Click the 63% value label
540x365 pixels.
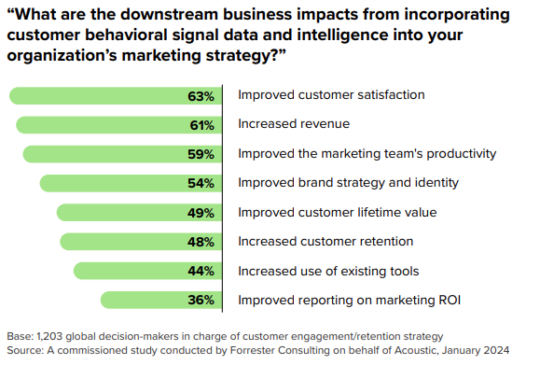[x=201, y=95]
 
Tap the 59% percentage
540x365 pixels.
[x=201, y=154]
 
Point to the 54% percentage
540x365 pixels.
[x=201, y=183]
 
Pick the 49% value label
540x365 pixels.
[x=201, y=213]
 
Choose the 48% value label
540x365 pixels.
[x=201, y=242]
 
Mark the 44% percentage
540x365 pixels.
[x=201, y=271]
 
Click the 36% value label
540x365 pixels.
[x=201, y=300]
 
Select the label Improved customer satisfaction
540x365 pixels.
[x=332, y=95]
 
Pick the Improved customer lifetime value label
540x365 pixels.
[x=337, y=213]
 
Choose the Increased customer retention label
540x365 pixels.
[x=325, y=242]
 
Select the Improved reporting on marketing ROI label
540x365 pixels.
[x=349, y=300]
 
